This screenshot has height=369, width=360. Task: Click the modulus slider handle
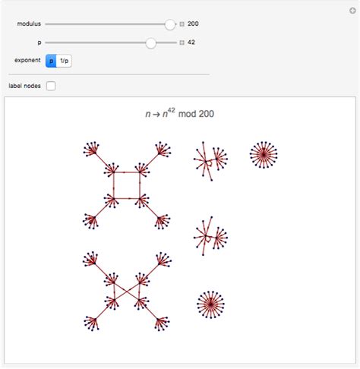[x=170, y=24]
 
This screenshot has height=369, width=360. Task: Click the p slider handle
[x=151, y=43]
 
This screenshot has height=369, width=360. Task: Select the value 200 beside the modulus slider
[x=193, y=24]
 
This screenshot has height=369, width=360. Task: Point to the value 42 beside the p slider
[x=191, y=43]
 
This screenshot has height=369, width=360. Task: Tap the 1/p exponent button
[x=65, y=60]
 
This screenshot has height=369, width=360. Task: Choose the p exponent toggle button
[x=51, y=60]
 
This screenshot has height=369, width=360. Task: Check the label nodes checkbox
[x=51, y=86]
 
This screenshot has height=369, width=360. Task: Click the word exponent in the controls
[x=27, y=60]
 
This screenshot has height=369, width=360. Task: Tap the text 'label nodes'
[x=25, y=86]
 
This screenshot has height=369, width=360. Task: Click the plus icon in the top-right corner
[x=351, y=9]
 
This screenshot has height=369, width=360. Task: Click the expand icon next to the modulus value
[x=182, y=24]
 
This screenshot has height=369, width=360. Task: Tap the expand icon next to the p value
[x=182, y=43]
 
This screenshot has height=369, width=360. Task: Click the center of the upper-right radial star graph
[x=264, y=155]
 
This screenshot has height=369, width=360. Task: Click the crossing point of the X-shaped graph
[x=125, y=289]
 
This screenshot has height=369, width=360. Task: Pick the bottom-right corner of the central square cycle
[x=139, y=199]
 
